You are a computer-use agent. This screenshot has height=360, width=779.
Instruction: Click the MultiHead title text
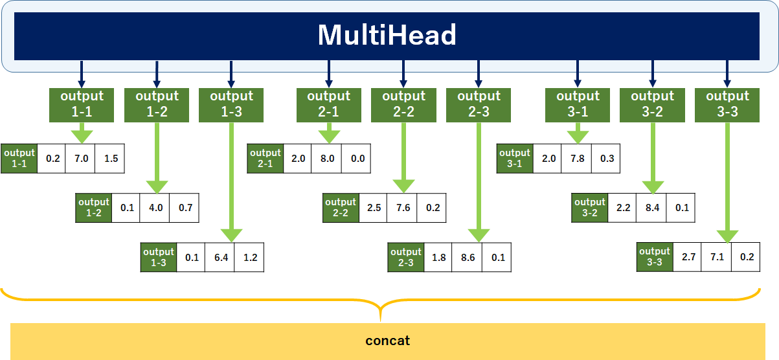click(x=387, y=35)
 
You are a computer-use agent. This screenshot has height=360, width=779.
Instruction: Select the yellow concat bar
click(x=387, y=341)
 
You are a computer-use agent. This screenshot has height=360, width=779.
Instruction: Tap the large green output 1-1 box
click(x=82, y=104)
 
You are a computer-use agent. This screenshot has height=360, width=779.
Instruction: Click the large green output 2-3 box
click(x=479, y=104)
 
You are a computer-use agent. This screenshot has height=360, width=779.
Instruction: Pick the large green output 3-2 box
click(x=652, y=104)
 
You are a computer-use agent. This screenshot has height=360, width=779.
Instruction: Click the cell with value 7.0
click(x=80, y=159)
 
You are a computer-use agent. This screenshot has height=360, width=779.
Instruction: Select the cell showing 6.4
click(x=220, y=257)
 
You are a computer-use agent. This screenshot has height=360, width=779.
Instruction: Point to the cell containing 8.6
click(x=467, y=257)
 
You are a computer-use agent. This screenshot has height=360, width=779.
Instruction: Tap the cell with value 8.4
click(x=651, y=208)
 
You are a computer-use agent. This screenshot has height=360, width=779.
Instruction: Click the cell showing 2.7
click(x=688, y=256)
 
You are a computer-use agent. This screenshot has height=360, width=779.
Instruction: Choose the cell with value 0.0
click(x=357, y=159)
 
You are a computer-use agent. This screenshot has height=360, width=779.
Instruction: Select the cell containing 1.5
click(x=110, y=159)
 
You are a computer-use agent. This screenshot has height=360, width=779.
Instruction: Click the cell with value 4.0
click(x=155, y=208)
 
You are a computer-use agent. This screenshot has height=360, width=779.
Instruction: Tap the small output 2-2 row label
click(x=341, y=208)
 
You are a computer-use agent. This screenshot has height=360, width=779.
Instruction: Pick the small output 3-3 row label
click(x=654, y=256)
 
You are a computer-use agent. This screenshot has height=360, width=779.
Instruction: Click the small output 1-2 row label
click(x=94, y=208)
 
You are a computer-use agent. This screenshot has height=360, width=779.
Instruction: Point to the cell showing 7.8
click(x=576, y=159)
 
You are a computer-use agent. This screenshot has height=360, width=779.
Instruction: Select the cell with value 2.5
click(x=373, y=208)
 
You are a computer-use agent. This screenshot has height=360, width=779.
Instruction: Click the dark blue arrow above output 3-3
click(x=727, y=73)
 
